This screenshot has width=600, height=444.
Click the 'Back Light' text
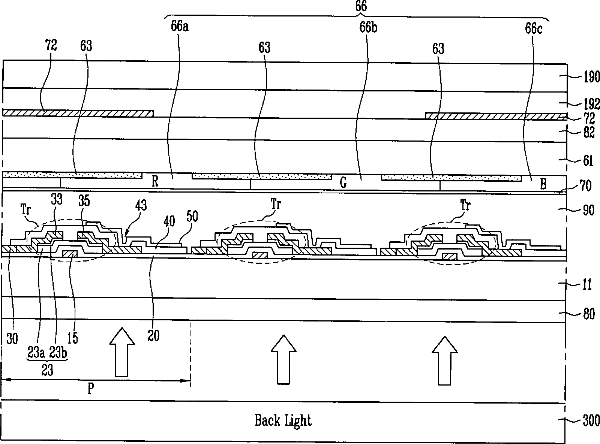tap(283, 420)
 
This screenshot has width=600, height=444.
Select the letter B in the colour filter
tap(543, 184)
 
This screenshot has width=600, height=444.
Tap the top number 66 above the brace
tap(360, 6)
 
